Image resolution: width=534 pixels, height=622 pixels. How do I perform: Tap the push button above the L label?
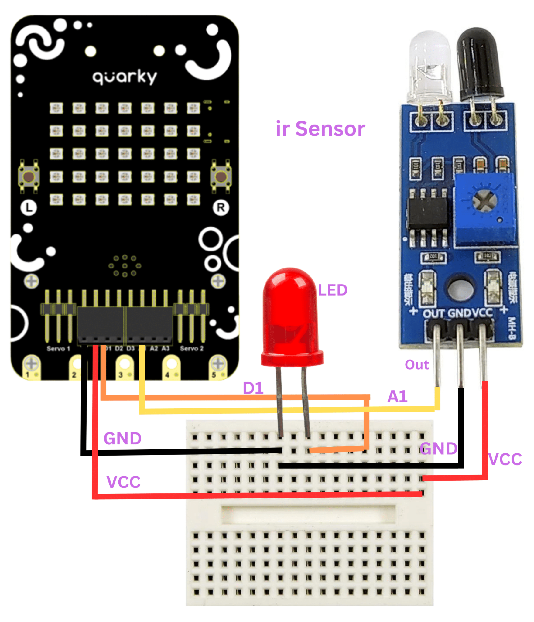pos(29,176)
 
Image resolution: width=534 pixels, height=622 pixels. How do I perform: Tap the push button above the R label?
pos(221,176)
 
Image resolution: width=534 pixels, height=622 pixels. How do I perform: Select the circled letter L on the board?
pos(29,208)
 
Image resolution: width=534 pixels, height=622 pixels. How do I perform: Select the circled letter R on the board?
pos(221,208)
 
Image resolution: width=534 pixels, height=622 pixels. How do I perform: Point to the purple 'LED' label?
pos(332,290)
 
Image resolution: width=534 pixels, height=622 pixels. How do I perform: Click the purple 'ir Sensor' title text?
pos(320,129)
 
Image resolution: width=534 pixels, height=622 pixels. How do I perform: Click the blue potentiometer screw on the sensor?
pos(484,201)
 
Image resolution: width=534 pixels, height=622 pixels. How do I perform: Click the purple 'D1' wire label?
pos(253,388)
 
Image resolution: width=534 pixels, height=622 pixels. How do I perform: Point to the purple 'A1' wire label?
pos(397,396)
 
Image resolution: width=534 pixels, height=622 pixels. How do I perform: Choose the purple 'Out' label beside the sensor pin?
pos(416,364)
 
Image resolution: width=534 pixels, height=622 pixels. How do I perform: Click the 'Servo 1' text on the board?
pos(58,348)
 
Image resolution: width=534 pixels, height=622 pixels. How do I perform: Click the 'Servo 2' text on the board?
pos(191,348)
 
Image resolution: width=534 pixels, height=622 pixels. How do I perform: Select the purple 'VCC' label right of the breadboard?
pos(505,459)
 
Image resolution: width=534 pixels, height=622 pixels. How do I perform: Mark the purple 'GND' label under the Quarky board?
pos(122,438)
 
